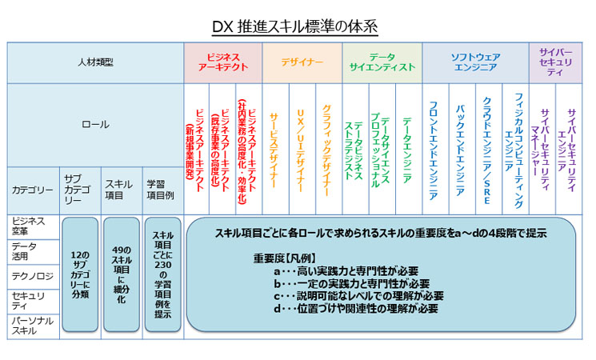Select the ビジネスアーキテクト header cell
222,63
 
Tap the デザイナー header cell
302,63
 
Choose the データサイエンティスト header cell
382,63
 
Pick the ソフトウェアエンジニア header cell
475,63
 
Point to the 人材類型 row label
96,63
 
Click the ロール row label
96,125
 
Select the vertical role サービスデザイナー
274,149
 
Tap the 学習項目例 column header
160,189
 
